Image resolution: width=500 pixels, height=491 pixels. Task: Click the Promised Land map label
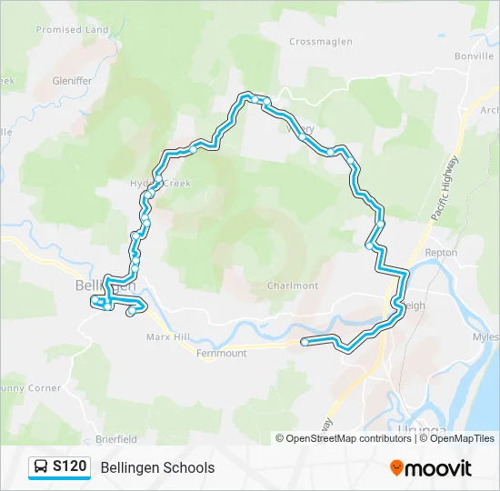(x=72, y=30)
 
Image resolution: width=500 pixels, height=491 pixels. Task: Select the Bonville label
(x=474, y=55)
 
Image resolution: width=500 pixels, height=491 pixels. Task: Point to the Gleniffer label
(x=72, y=80)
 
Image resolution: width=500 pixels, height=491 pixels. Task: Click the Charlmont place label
(x=293, y=286)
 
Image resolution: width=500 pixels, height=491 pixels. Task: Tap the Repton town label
(x=441, y=252)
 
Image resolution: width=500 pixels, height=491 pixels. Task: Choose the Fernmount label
(x=221, y=353)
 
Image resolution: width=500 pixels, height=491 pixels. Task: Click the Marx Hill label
(x=167, y=336)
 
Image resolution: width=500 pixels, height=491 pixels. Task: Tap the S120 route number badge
(x=70, y=467)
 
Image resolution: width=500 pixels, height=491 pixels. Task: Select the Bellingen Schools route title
(x=158, y=468)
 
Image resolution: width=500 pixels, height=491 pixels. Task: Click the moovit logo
(x=431, y=468)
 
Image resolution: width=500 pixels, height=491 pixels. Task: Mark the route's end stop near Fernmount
(x=305, y=342)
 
